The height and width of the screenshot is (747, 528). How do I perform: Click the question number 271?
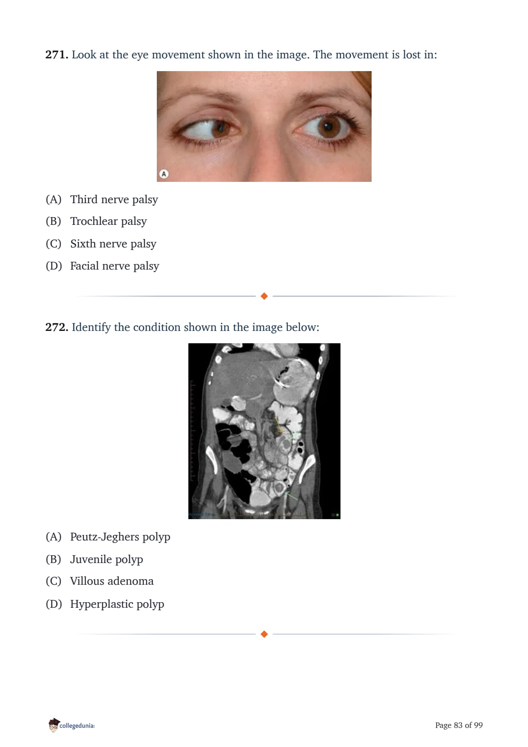coord(57,55)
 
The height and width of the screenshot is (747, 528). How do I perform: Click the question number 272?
coord(57,327)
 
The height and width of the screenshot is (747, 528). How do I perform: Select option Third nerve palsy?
coord(114,199)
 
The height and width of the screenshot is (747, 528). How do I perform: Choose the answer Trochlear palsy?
coord(109,221)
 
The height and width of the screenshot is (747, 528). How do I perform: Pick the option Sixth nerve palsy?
coord(113,244)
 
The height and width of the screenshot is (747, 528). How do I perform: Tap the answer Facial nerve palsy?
coord(115,266)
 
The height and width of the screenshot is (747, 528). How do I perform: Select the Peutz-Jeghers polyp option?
coord(120,537)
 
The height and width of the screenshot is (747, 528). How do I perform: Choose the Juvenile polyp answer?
coord(107,559)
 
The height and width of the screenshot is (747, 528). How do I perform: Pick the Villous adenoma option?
coord(112,581)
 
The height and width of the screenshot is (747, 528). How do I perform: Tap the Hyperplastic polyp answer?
coord(117,604)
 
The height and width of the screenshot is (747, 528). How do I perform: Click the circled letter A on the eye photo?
coord(164,174)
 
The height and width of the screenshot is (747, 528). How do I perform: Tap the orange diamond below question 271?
coord(264,296)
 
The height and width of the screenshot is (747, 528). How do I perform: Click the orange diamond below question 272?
coord(264,634)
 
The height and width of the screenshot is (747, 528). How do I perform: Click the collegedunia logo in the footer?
coord(72,725)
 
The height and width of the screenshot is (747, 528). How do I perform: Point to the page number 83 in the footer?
coord(458,725)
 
